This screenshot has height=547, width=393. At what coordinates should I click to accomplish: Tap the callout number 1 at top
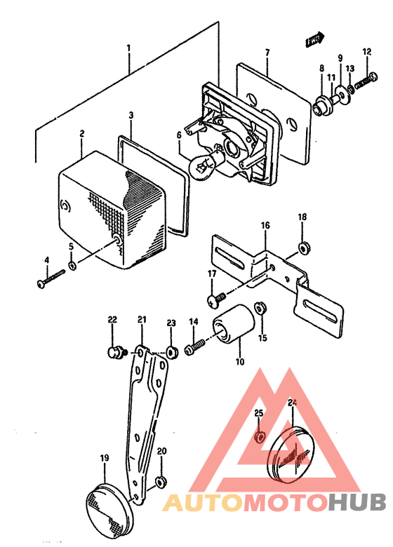129,48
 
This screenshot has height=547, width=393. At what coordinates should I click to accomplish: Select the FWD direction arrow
314,39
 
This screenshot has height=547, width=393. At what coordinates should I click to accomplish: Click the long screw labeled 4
51,279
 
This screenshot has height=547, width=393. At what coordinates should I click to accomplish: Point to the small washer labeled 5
72,266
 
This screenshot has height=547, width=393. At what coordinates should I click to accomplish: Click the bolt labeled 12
366,80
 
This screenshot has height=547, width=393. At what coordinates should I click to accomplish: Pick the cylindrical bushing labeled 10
234,324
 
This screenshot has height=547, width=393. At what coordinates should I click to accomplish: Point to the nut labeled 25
259,436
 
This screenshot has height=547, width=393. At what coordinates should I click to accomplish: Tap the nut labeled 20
161,482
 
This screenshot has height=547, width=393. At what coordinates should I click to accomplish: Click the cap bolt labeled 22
115,351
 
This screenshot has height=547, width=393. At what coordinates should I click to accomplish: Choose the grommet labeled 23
171,351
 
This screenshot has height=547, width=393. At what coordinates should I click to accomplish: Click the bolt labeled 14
196,346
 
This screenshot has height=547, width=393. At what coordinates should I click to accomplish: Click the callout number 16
265,225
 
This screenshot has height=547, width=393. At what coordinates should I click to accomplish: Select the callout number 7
267,53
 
